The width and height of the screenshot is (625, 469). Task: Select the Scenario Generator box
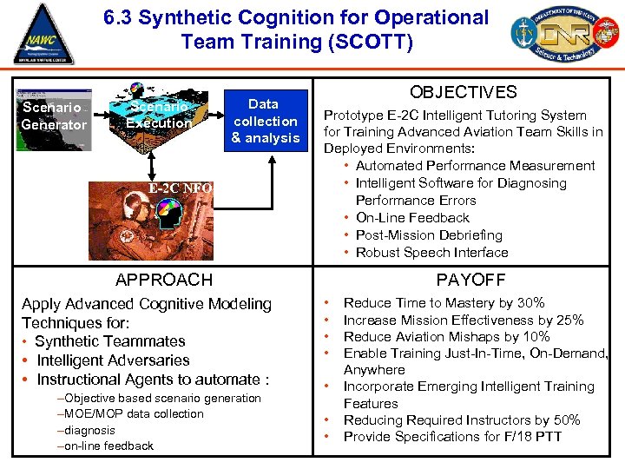pos(54,116)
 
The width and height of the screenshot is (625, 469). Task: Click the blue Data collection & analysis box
pos(265,121)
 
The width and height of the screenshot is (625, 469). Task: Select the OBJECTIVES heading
pos(463,93)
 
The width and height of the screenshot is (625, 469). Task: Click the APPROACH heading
pos(163,280)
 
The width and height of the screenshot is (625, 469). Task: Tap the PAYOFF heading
pos(470,280)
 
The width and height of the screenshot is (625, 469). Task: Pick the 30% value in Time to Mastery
pos(529,303)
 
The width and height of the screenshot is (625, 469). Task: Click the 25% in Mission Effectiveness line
pos(568,320)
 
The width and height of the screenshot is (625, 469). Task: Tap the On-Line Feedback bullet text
pos(412,218)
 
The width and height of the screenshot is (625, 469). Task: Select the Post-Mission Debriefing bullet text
pos(429,235)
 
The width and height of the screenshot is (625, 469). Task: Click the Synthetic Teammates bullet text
pos(110,341)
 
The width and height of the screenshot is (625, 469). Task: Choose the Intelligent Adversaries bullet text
pos(113,360)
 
